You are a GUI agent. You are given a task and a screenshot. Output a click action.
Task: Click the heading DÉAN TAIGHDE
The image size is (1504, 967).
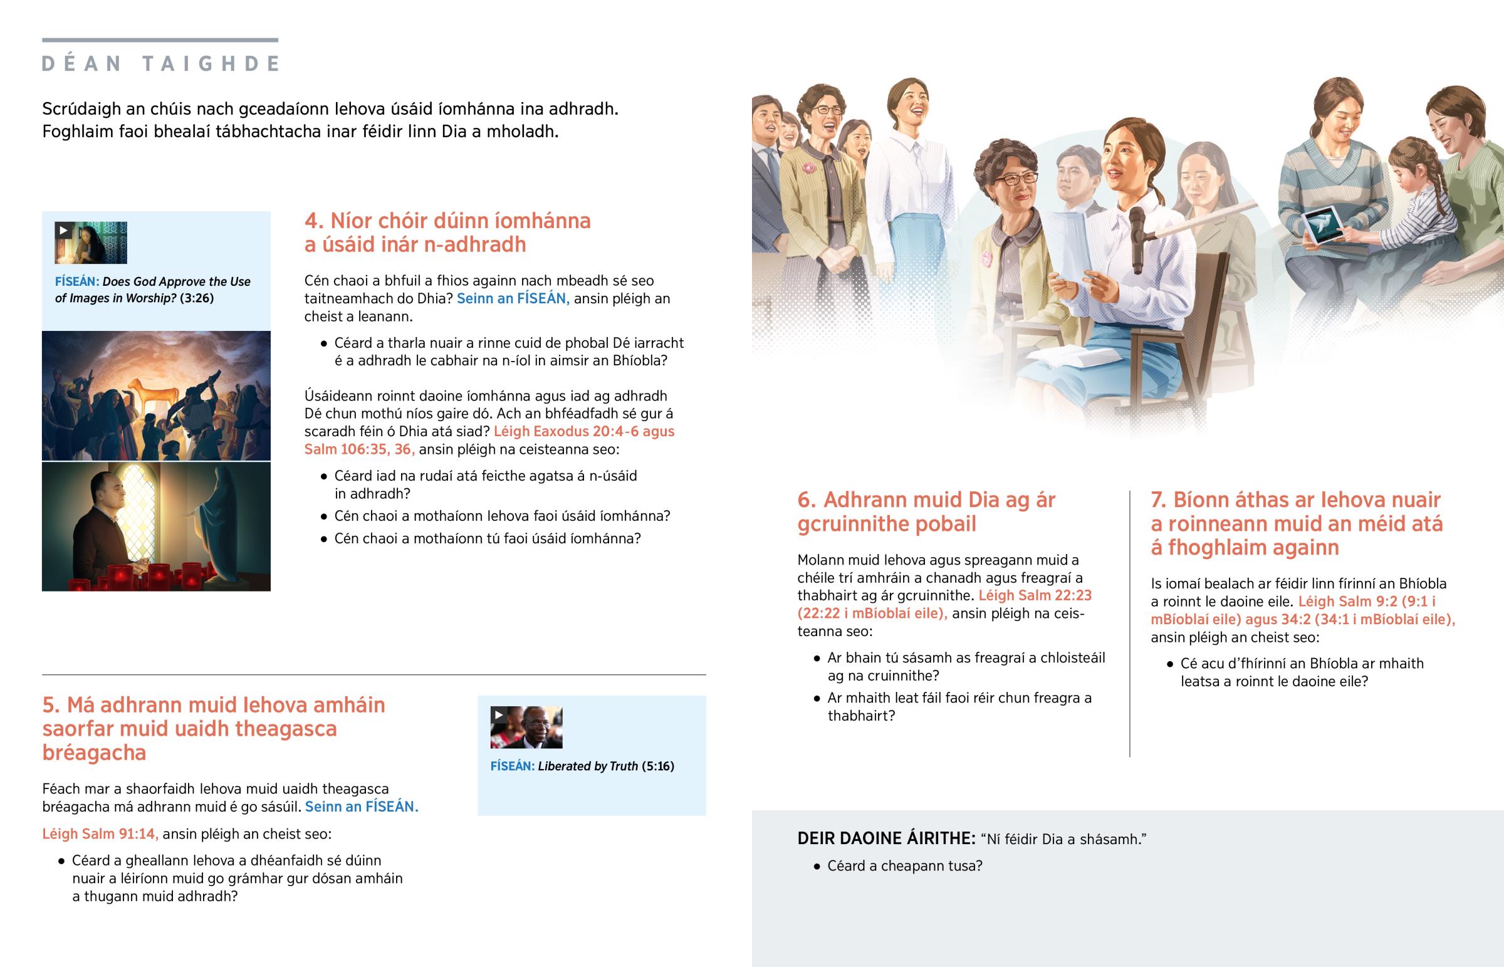pyautogui.click(x=160, y=63)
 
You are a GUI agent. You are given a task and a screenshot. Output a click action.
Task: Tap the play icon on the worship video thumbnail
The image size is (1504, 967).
pyautogui.click(x=63, y=230)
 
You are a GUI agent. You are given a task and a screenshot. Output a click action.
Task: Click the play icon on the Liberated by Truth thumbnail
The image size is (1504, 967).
pyautogui.click(x=498, y=714)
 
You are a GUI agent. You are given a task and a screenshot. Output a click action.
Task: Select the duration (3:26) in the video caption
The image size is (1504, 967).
pyautogui.click(x=197, y=298)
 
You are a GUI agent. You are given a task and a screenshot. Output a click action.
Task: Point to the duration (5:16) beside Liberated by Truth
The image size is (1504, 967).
pyautogui.click(x=658, y=766)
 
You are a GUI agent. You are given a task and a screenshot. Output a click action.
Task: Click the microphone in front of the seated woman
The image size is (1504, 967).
pyautogui.click(x=1137, y=239)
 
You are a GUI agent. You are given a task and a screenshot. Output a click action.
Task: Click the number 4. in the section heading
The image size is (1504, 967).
pyautogui.click(x=314, y=221)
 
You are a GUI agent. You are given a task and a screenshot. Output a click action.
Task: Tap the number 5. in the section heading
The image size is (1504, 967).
pyautogui.click(x=51, y=705)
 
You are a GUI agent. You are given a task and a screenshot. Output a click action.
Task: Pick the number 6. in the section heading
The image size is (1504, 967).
pyautogui.click(x=807, y=501)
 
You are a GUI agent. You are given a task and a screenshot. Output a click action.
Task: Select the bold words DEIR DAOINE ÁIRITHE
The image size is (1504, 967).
pyautogui.click(x=886, y=839)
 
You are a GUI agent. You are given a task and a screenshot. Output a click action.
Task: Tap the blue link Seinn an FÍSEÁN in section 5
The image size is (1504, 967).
pyautogui.click(x=362, y=807)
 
